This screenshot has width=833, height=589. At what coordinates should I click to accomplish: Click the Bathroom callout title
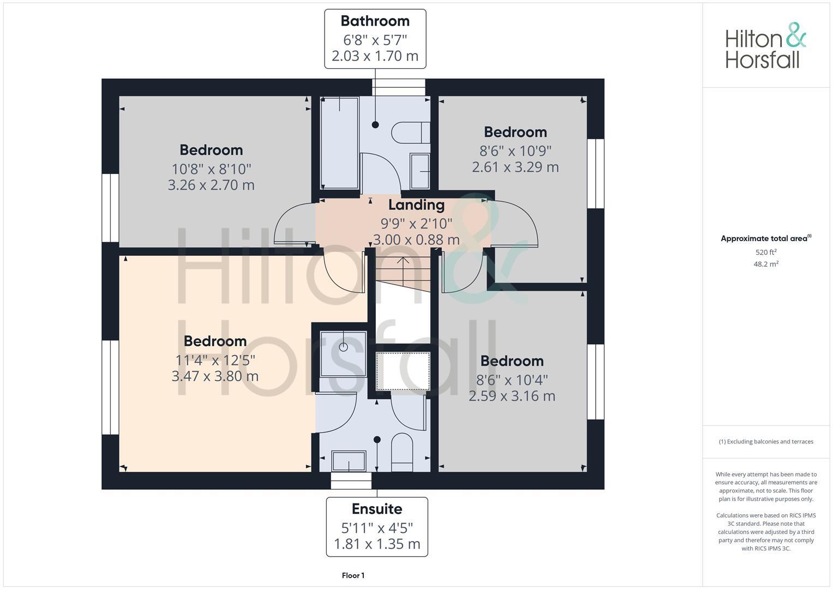point(375,21)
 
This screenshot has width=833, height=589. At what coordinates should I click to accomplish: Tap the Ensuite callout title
point(376,509)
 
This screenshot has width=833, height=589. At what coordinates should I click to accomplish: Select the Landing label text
point(416,205)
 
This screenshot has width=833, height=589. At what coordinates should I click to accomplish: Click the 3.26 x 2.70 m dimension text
point(211,185)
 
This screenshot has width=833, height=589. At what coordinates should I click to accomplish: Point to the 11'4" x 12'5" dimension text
point(215,360)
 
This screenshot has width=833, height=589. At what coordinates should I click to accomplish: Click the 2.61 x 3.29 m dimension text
point(515,167)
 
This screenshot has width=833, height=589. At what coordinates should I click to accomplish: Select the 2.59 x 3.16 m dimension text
point(512,396)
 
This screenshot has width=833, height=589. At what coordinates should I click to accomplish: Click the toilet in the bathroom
point(410,133)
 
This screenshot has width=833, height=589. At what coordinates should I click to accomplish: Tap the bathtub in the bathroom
point(339,143)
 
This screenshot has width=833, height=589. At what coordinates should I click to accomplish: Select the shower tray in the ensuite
point(343,353)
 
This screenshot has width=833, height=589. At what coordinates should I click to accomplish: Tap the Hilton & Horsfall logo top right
point(765,46)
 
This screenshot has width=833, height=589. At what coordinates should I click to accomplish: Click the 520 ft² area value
point(765,252)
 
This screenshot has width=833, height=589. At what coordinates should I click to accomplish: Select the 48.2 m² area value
point(765,264)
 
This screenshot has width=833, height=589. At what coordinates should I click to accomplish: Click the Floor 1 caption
point(353,575)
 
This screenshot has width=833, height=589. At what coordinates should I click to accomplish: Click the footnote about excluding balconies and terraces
point(765,442)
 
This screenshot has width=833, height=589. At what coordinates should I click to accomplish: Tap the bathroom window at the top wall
point(398,87)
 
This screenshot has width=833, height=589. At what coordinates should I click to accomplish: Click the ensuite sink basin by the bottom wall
point(349,461)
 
